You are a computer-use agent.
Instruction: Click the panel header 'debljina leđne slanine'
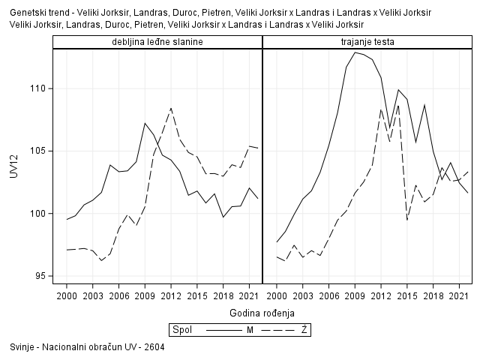pyautogui.click(x=157, y=42)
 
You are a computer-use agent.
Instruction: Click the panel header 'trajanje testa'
pyautogui.click(x=367, y=42)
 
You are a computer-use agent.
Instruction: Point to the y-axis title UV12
pyautogui.click(x=13, y=181)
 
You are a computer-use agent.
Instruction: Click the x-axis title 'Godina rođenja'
pyautogui.click(x=262, y=312)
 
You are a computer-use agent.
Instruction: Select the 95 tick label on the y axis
pyautogui.click(x=39, y=276)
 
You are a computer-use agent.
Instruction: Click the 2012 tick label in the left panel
pyautogui.click(x=171, y=296)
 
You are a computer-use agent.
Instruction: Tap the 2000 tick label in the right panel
pyautogui.click(x=277, y=296)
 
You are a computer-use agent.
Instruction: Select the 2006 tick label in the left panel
pyautogui.click(x=118, y=296)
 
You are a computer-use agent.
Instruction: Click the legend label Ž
pyautogui.click(x=304, y=329)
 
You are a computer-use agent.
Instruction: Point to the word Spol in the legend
pyautogui.click(x=181, y=329)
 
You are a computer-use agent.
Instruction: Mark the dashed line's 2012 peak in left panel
pyautogui.click(x=171, y=108)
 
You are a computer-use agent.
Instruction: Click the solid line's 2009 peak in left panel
pyautogui.click(x=145, y=123)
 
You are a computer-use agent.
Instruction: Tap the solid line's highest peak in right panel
pyautogui.click(x=355, y=52)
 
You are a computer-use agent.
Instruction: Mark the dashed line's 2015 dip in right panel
pyautogui.click(x=407, y=220)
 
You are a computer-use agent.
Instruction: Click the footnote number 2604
pyautogui.click(x=154, y=347)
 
